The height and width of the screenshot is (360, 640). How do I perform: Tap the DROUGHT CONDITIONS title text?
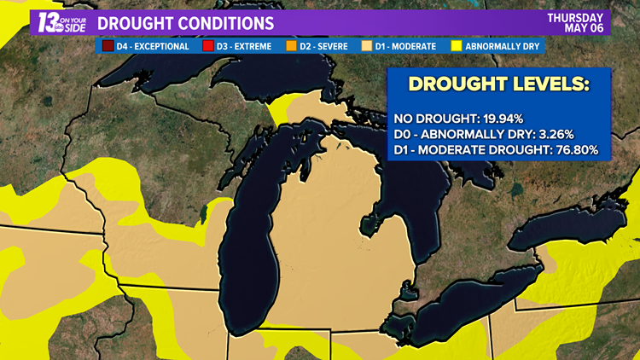pos(192,22)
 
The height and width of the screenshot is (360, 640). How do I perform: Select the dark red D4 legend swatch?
pos(108,45)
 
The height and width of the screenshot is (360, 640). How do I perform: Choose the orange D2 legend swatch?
pos(292,45)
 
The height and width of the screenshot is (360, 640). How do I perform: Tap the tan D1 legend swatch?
pos(369,45)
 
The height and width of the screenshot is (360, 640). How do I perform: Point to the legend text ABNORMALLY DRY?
pos(503,45)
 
